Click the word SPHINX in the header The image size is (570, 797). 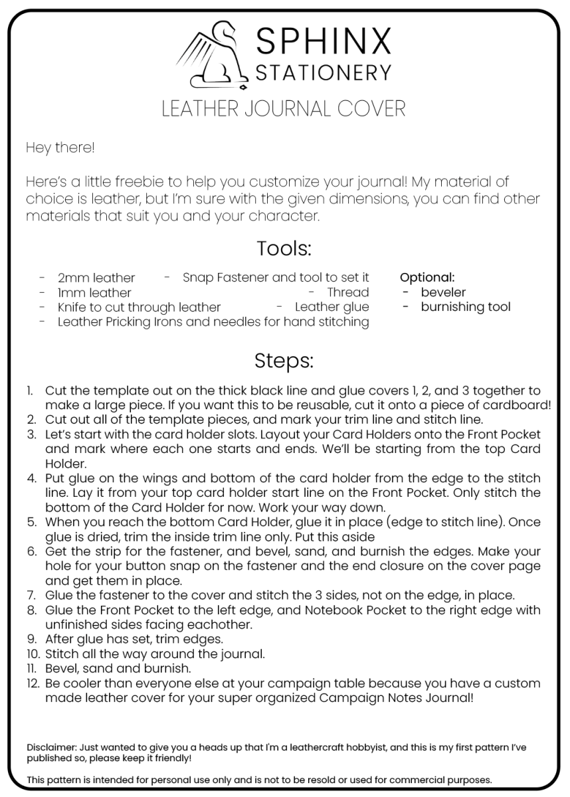324,41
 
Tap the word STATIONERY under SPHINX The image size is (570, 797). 324,72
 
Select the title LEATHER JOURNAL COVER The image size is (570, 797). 284,108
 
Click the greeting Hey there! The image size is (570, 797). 60,147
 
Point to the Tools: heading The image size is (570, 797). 284,249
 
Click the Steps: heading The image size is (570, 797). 284,361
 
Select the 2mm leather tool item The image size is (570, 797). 96,278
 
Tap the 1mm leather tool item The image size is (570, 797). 94,293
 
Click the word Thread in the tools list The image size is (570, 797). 347,292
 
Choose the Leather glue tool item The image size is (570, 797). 332,308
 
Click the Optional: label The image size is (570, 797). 427,278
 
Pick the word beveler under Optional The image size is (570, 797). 443,292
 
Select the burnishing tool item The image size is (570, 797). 465,307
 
